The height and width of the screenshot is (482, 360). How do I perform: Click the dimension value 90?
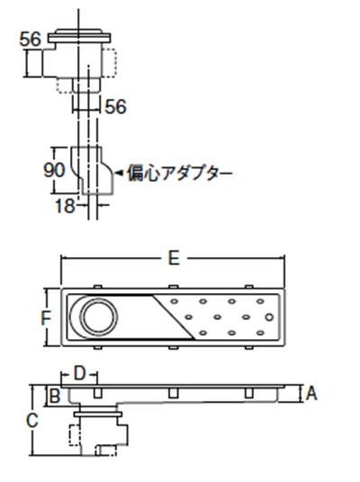54,170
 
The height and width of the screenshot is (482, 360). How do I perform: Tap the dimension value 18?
65,206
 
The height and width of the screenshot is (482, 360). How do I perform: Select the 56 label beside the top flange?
31,40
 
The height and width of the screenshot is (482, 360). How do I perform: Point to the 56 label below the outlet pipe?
116,107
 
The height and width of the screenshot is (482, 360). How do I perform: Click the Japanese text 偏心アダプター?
180,174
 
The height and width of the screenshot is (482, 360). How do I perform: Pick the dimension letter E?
174,257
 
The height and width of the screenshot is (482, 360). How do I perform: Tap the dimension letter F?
46,317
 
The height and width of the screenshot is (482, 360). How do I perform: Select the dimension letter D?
80,374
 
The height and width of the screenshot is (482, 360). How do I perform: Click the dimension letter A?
311,393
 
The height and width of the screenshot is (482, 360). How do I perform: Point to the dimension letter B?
55,396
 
